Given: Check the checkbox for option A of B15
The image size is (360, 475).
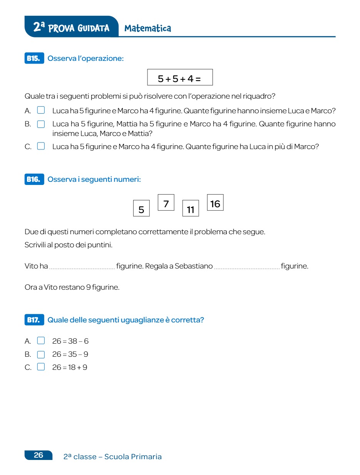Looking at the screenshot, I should tap(41, 111).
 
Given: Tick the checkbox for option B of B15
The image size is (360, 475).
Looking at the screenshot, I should tap(41, 124).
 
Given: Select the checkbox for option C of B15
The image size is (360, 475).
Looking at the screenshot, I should tap(41, 146).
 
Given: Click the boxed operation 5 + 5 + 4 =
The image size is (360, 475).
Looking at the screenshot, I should tap(180, 77).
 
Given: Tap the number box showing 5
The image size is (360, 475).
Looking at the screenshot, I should tap(141, 208).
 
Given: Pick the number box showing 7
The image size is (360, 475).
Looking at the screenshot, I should tap(166, 203).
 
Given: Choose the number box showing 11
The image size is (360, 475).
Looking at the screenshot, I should tap(191, 208).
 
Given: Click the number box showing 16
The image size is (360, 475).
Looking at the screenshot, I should tap(215, 203).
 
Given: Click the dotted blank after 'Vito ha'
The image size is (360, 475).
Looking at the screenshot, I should tap(82, 267).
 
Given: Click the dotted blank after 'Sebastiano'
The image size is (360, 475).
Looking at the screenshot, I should tap(247, 267).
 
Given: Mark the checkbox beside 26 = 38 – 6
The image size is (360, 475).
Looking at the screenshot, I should tap(41, 341).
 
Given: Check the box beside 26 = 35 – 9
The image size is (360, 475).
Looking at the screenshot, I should tap(41, 354).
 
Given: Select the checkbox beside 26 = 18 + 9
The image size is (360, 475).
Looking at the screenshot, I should tap(41, 367).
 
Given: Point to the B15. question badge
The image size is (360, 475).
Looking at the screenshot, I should tap(34, 59).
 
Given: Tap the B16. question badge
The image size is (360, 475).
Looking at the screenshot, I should tap(34, 179).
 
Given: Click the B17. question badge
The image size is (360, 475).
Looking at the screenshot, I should tap(34, 320).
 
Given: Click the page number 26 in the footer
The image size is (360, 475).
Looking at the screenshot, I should tap(39, 455).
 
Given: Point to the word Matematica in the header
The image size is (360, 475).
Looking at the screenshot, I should tap(148, 28).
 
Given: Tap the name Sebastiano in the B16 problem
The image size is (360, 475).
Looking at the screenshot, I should tap(194, 266).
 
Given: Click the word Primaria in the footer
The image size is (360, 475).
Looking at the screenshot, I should tap(146, 457).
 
